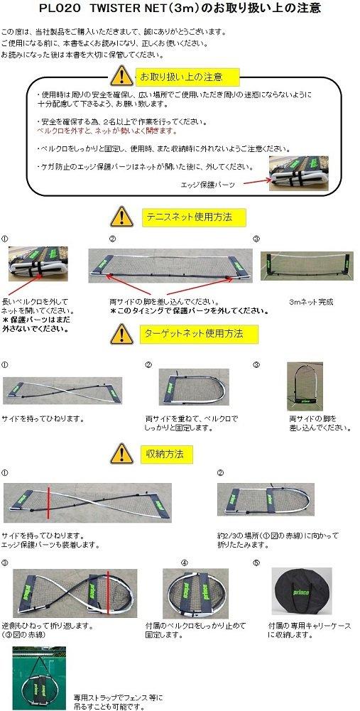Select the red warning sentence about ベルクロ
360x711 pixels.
point(97,131)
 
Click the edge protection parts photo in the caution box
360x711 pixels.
point(298,173)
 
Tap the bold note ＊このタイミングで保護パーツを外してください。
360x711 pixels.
point(189,310)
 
